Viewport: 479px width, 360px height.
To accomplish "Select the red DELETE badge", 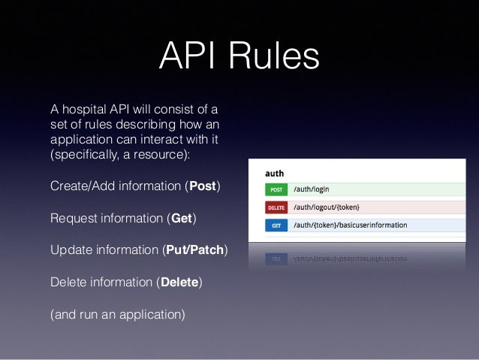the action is click(x=276, y=207).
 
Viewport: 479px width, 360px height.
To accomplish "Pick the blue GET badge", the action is click(x=276, y=225).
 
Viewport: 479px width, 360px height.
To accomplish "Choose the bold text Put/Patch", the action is click(x=194, y=250).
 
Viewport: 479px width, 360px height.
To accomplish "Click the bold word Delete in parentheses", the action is click(x=179, y=283).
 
